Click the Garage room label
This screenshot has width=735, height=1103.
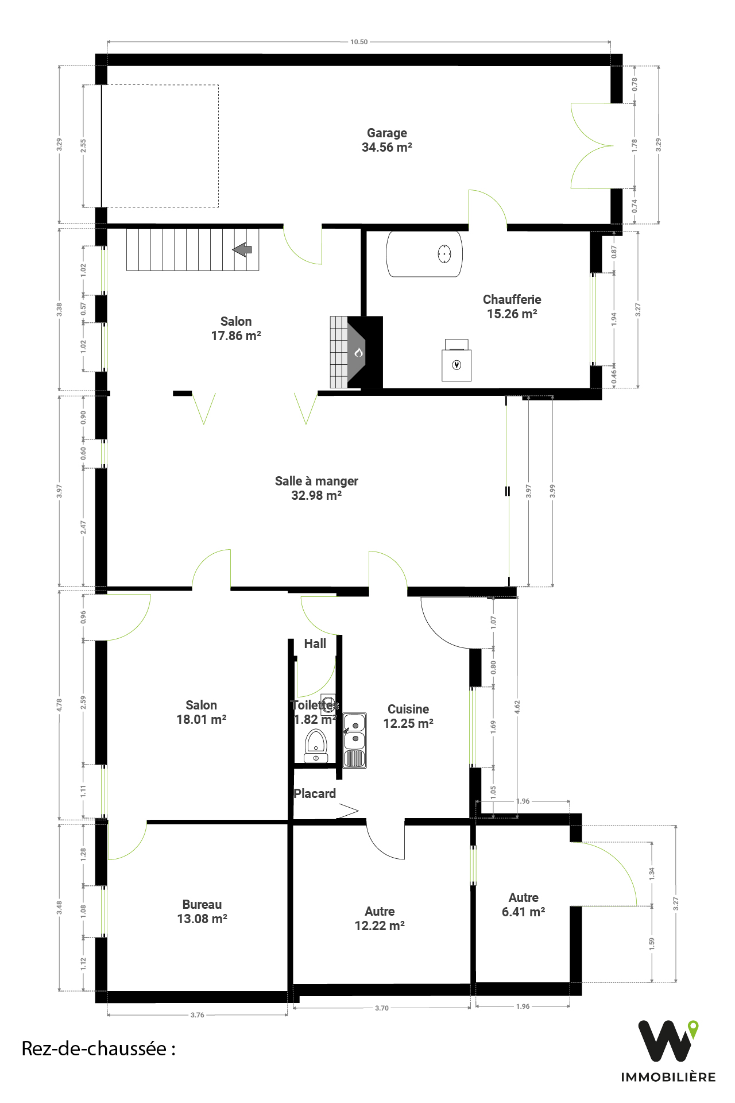tap(387, 140)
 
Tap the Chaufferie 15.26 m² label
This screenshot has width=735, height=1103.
tap(512, 306)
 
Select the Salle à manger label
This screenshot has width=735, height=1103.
tap(316, 488)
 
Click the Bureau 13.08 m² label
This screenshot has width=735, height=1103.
tap(202, 912)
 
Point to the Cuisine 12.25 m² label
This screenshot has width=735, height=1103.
tap(408, 716)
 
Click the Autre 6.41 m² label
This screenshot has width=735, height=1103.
tap(524, 905)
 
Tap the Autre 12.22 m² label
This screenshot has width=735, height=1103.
tap(380, 919)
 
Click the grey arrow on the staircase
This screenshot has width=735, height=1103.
tap(242, 249)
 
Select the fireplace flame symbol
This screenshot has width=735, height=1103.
tap(359, 352)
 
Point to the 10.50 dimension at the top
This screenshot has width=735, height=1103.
tap(359, 42)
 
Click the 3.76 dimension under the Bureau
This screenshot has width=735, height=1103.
tap(198, 1015)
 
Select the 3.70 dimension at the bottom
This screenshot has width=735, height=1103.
tap(382, 1008)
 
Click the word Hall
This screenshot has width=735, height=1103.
tap(315, 644)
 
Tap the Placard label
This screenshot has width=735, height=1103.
tap(315, 793)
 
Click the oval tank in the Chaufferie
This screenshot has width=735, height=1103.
tap(424, 254)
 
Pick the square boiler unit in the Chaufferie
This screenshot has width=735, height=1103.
tap(457, 360)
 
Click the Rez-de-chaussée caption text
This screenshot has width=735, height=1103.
tap(98, 1048)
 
